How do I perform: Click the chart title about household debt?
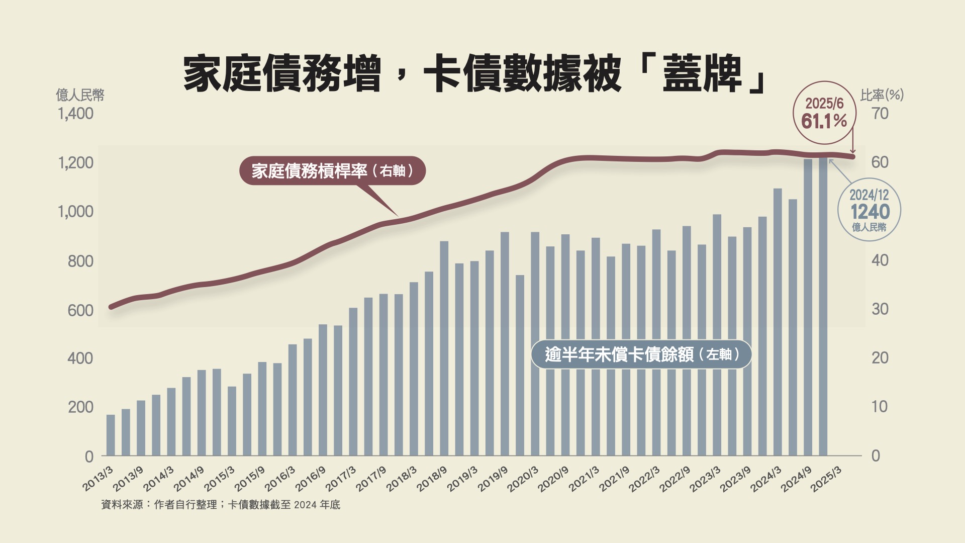474,74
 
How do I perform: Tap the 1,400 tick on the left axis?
75,114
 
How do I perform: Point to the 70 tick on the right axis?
880,114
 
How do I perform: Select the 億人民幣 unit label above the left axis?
80,95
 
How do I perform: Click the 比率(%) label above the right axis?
882,95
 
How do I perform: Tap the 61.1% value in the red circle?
824,121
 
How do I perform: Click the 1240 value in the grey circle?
870,212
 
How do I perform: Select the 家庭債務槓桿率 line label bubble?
332,171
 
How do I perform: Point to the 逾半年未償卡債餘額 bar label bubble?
641,354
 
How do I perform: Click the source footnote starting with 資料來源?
221,504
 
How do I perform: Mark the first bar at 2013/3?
111,435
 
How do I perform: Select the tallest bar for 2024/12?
823,307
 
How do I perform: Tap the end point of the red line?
852,157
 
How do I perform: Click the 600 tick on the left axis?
80,310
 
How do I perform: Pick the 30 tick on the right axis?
880,309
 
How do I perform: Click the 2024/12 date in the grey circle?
869,195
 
